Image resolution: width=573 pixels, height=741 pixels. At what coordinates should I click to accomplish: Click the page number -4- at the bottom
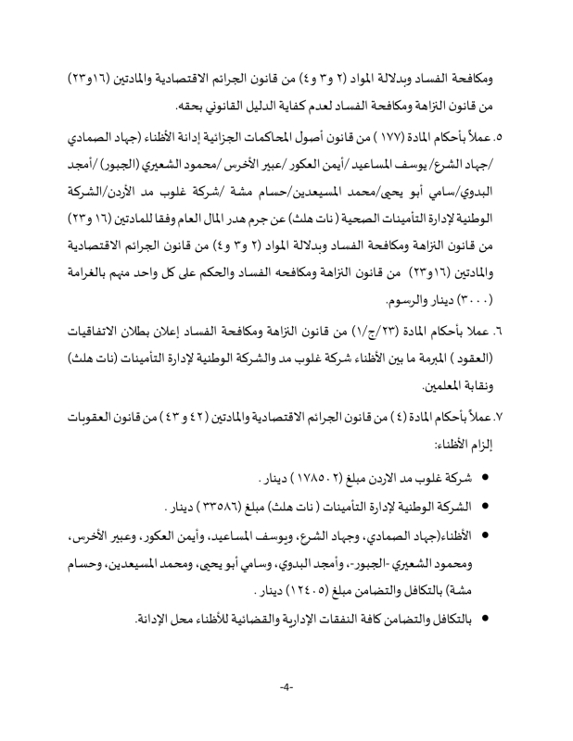tap(286, 714)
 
